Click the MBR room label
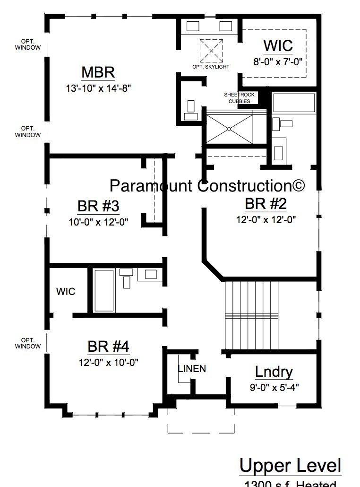(x=98, y=73)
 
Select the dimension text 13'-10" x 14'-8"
(x=98, y=87)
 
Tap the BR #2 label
(x=266, y=204)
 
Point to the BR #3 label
(x=98, y=207)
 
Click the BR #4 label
(x=108, y=347)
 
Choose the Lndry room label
(x=274, y=372)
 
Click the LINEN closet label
(x=192, y=369)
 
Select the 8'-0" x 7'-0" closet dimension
(x=278, y=61)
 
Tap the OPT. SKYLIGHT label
(x=211, y=67)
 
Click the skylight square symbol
(x=211, y=51)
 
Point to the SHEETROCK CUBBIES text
(x=239, y=98)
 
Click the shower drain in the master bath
(x=229, y=128)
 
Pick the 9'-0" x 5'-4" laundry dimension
(x=274, y=387)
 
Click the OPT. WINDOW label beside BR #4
(x=27, y=343)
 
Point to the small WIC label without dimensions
(x=66, y=292)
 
